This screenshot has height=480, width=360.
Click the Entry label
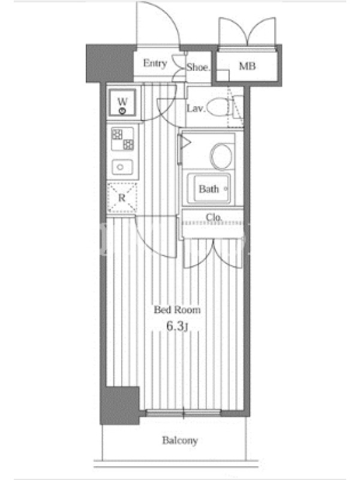click(155, 64)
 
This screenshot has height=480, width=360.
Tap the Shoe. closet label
click(199, 67)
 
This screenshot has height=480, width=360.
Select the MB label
click(247, 66)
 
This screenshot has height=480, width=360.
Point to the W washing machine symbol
click(122, 103)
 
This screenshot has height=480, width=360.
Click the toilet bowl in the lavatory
click(218, 106)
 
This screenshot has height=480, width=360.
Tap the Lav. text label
click(196, 108)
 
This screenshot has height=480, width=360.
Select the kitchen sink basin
click(122, 167)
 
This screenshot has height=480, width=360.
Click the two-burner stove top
click(122, 139)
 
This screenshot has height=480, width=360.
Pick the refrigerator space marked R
click(122, 198)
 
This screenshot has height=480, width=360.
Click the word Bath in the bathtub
click(209, 189)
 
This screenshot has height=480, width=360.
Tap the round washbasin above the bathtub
click(221, 156)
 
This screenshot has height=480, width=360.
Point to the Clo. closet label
click(214, 217)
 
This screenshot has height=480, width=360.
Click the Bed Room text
click(177, 310)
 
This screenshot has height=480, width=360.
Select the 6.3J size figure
click(177, 326)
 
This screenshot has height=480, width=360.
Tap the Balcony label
click(180, 440)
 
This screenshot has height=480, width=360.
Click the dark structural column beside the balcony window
click(120, 406)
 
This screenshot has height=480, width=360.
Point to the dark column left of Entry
click(110, 64)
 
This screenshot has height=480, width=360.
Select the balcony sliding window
click(183, 413)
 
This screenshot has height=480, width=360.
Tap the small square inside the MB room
click(223, 76)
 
